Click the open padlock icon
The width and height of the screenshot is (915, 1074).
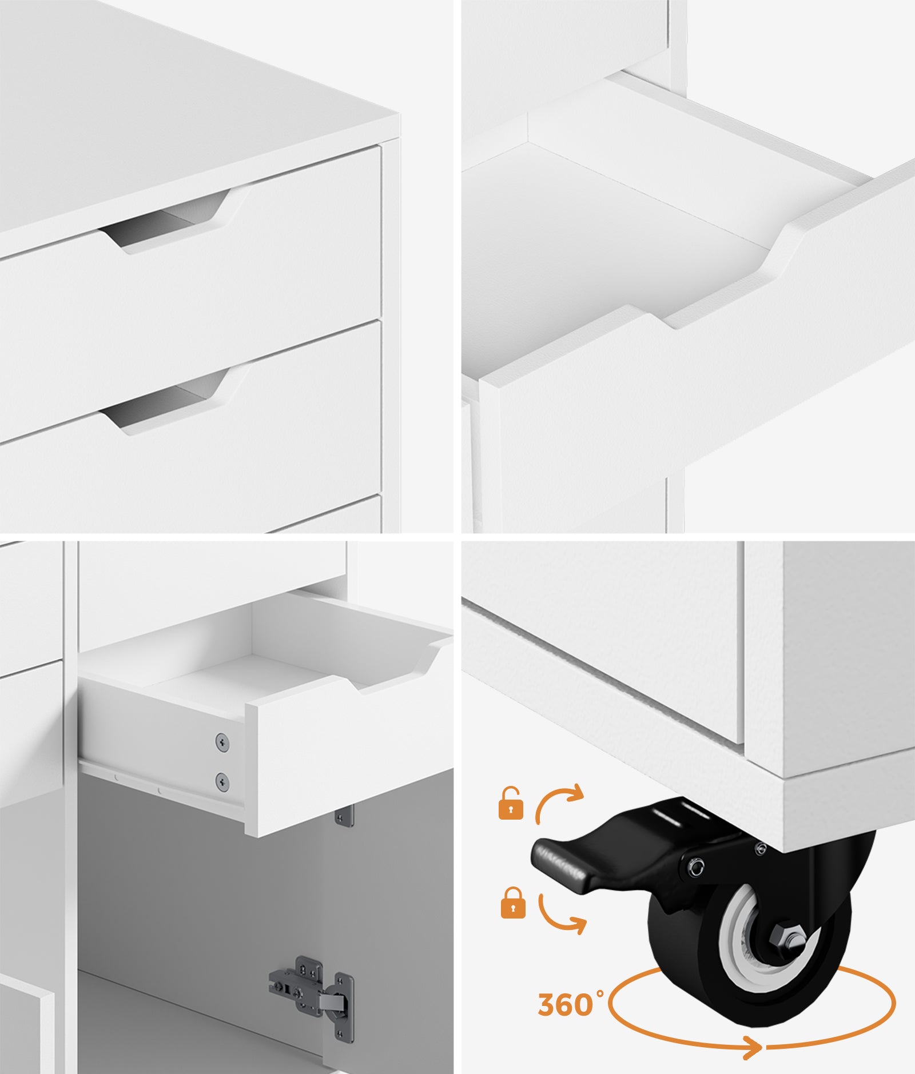511,804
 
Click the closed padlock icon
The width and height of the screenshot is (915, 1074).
513,903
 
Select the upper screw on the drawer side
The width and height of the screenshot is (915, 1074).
222,742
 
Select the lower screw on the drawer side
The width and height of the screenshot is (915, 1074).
222,781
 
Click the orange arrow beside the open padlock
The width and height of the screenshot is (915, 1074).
559,803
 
